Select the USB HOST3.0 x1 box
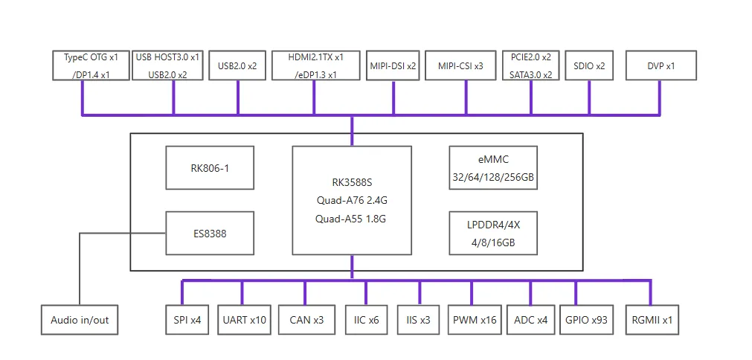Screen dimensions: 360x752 167,65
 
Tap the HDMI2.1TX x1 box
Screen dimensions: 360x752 316,65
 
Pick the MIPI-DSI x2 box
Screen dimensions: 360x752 393,65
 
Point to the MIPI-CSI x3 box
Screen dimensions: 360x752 460,65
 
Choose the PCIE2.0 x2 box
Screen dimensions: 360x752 530,65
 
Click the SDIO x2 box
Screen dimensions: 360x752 589,65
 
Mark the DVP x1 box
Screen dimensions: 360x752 661,65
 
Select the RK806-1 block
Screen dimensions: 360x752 209,167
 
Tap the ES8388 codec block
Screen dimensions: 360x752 209,233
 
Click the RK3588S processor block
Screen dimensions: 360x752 351,200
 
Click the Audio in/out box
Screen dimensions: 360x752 80,320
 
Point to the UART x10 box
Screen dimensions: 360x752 244,320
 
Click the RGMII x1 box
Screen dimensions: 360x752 652,320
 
